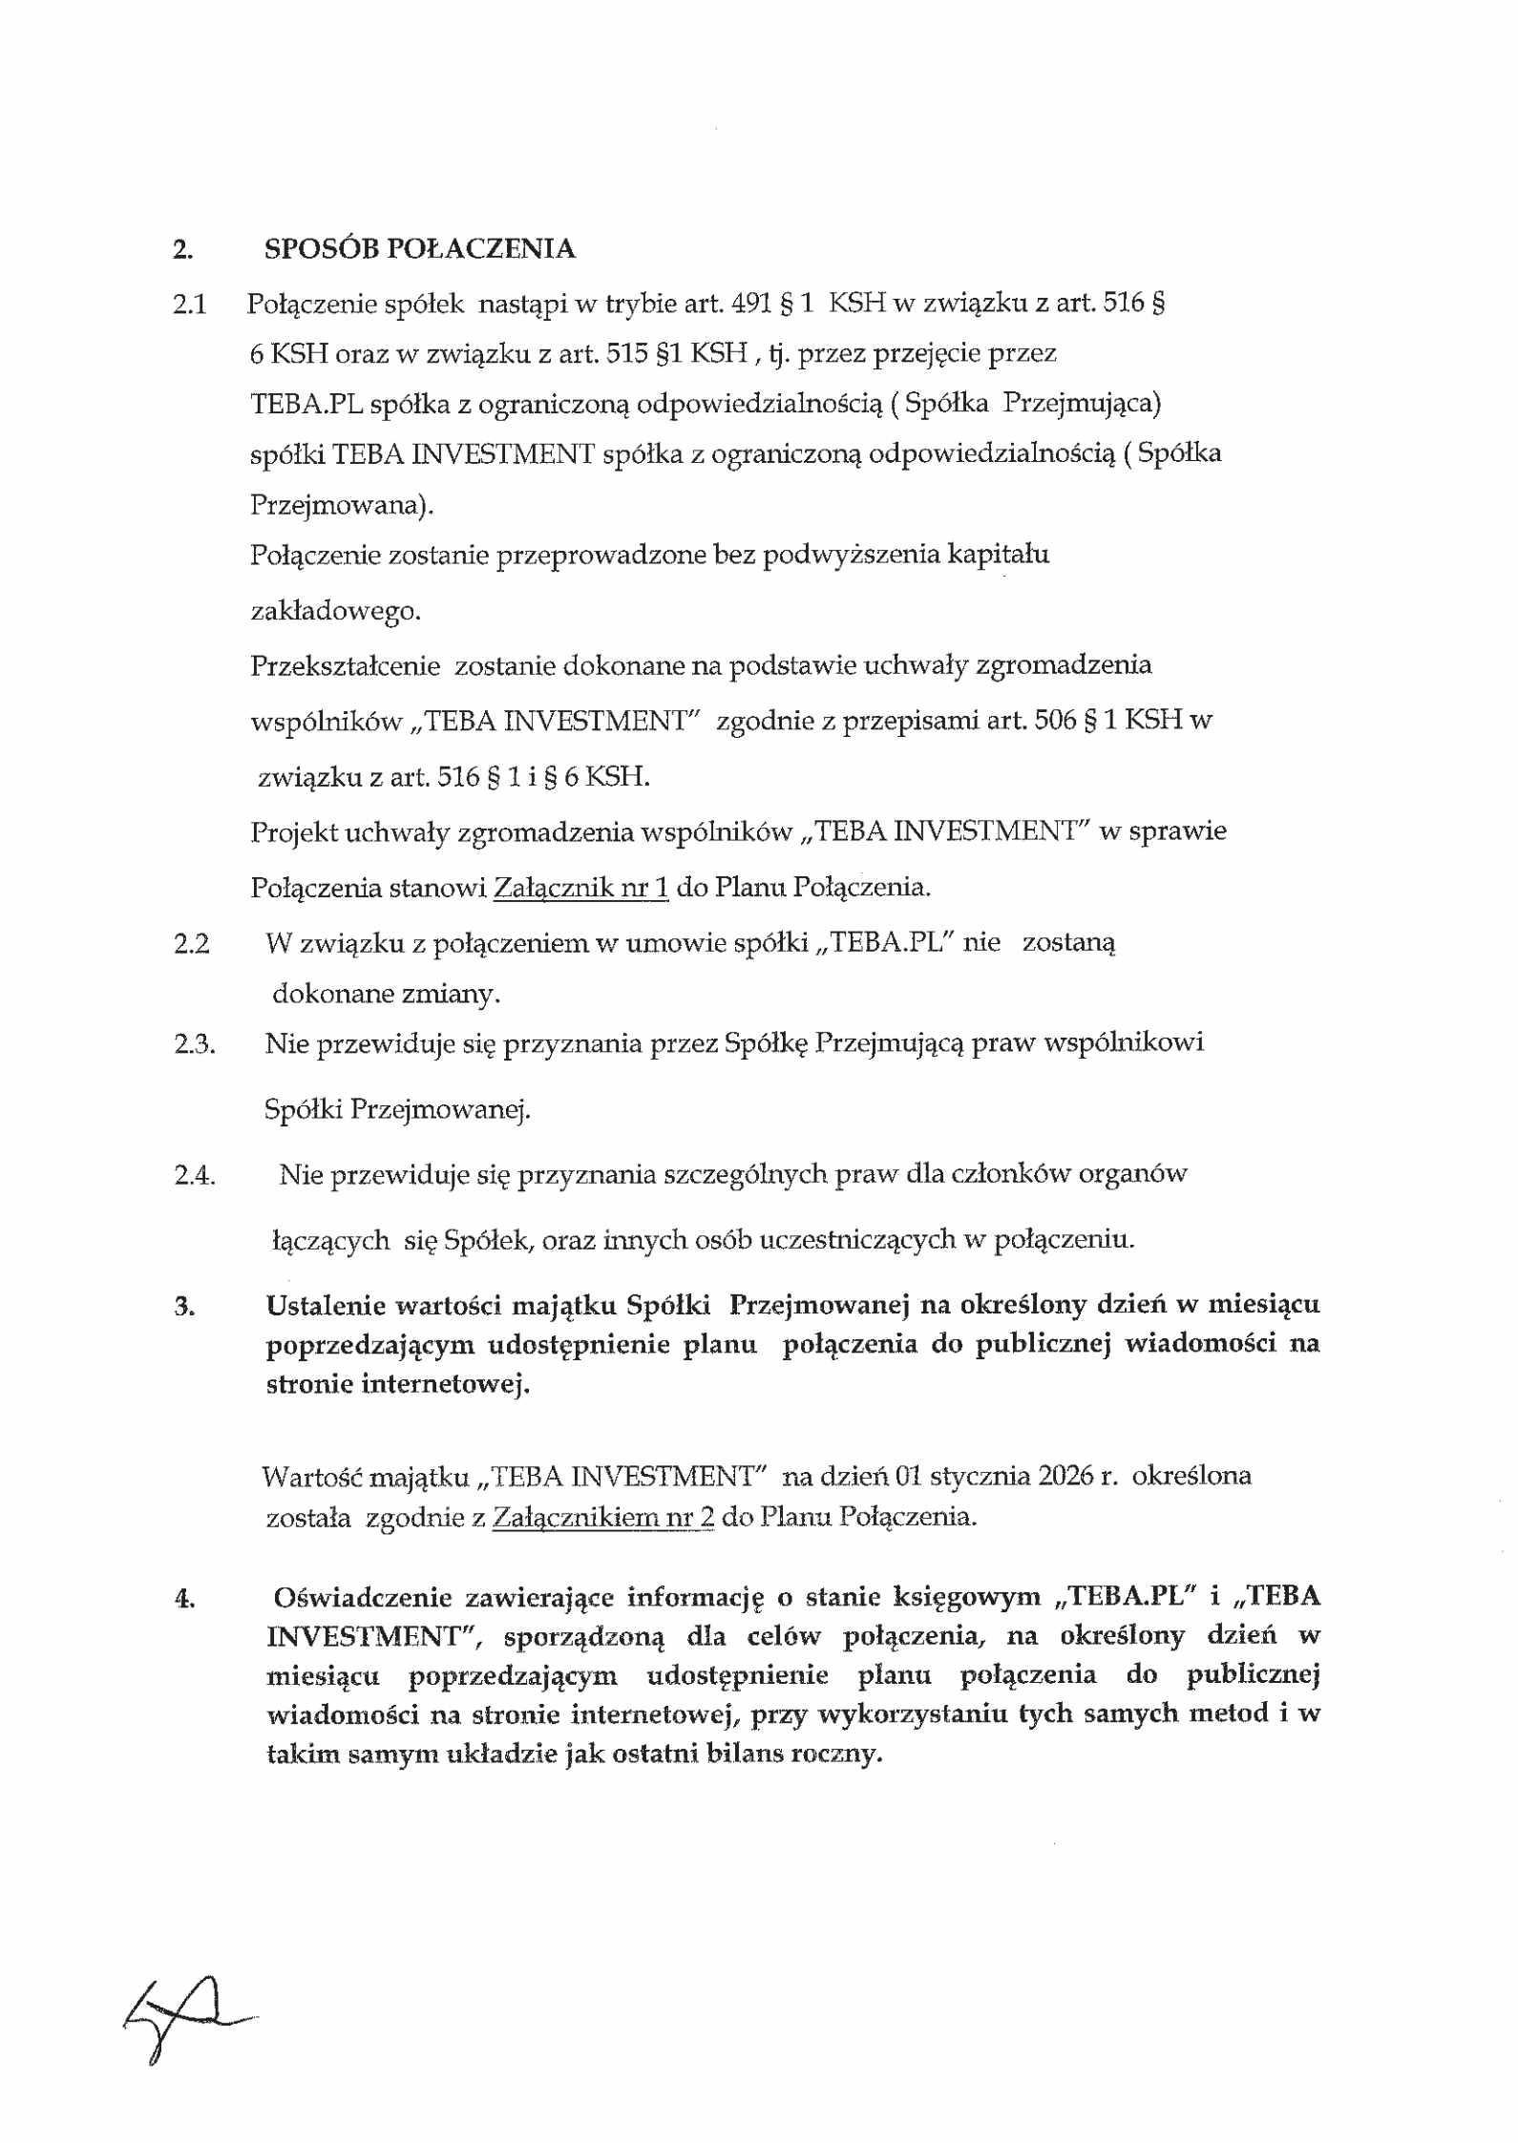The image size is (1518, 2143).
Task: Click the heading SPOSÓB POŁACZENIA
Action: pyautogui.click(x=419, y=249)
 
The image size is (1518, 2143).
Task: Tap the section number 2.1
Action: pyautogui.click(x=189, y=305)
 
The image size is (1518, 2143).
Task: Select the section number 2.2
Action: pyautogui.click(x=191, y=944)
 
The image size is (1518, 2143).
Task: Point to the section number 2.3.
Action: pyautogui.click(x=194, y=1044)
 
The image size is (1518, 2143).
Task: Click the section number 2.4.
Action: pyautogui.click(x=194, y=1175)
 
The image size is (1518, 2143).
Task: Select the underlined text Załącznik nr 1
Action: pyautogui.click(x=580, y=888)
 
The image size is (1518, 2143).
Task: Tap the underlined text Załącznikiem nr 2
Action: pyautogui.click(x=602, y=1517)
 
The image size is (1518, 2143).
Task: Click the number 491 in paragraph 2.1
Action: pyautogui.click(x=751, y=304)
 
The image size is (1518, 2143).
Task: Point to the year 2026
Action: pyautogui.click(x=1065, y=1476)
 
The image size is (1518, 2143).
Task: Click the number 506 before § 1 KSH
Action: pyautogui.click(x=1055, y=720)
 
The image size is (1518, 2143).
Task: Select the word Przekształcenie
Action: pyautogui.click(x=345, y=665)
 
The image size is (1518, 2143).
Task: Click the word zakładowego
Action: pyautogui.click(x=335, y=611)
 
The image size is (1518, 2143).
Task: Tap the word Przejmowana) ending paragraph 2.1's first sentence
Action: pyautogui.click(x=341, y=505)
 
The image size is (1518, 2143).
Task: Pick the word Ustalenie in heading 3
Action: pyautogui.click(x=324, y=1306)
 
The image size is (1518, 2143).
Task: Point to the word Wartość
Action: pyautogui.click(x=311, y=1477)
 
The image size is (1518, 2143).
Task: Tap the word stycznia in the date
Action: pyautogui.click(x=979, y=1476)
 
